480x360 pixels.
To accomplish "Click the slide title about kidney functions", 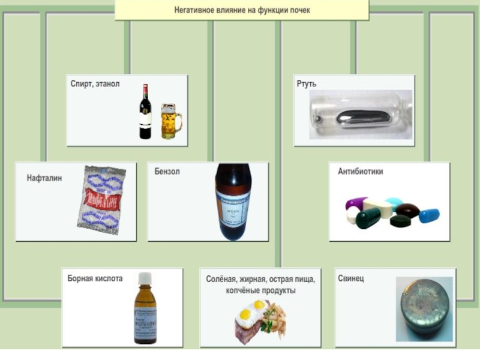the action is [242, 10].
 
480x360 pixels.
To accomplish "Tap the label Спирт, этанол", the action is [95, 84].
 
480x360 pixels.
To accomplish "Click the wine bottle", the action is [145, 112].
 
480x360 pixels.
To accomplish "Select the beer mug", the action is [170, 121].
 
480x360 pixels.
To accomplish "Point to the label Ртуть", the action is [307, 85].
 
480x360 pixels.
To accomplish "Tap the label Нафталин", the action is [44, 178].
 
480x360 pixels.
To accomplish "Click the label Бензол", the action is [167, 172].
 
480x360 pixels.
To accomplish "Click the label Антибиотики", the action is [360, 172].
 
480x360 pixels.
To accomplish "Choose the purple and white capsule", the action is [356, 203].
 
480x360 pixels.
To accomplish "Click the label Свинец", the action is [351, 278].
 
